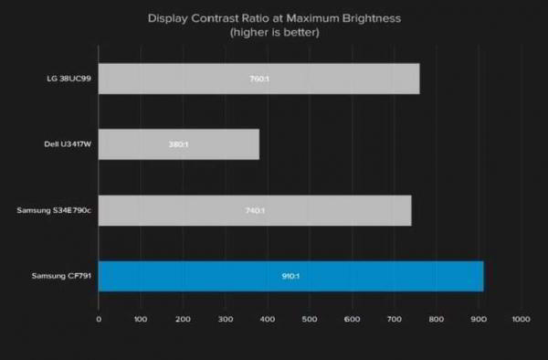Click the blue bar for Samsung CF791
tap(290, 276)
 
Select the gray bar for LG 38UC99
tap(258, 79)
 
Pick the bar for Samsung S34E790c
tap(255, 210)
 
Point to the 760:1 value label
tap(258, 79)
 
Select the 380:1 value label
tap(179, 144)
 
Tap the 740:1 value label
tap(255, 210)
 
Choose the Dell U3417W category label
tap(67, 144)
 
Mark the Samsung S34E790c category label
tap(54, 210)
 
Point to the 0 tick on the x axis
tap(99, 319)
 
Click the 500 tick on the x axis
tap(310, 319)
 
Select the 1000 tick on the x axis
tap(521, 319)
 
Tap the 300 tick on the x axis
tap(225, 319)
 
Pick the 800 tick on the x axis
tap(436, 319)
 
